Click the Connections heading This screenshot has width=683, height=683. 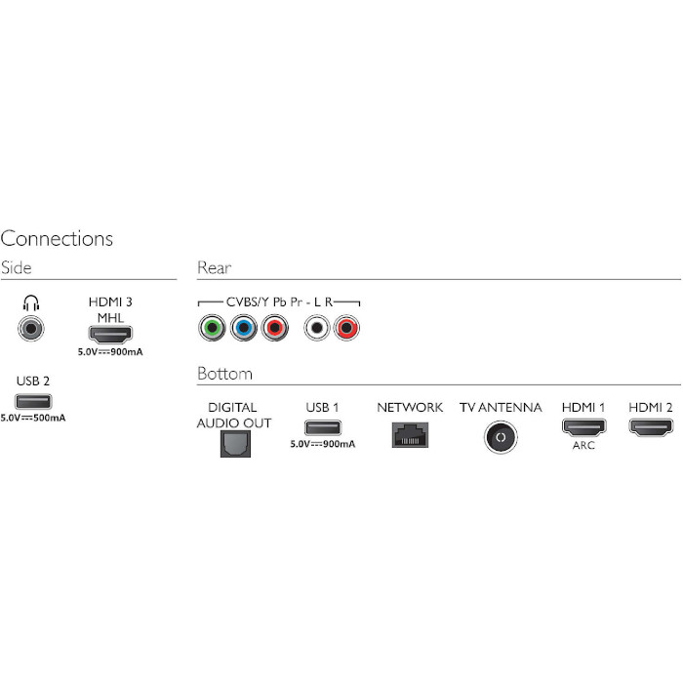(x=57, y=239)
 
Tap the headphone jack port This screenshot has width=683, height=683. (x=32, y=328)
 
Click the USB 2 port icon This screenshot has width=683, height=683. (x=32, y=401)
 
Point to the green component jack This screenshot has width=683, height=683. (x=210, y=328)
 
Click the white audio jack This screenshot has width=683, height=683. (x=316, y=328)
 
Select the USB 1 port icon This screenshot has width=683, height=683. (x=323, y=427)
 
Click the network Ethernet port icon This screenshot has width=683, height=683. (x=410, y=435)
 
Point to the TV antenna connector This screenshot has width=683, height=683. (x=500, y=437)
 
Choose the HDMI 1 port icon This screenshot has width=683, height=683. (x=583, y=427)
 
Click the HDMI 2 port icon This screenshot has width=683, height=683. (x=651, y=427)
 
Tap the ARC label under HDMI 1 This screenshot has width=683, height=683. (x=583, y=445)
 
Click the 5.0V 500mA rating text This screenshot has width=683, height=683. (x=33, y=418)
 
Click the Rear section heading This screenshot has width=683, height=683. (x=214, y=267)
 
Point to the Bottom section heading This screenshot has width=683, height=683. (x=224, y=374)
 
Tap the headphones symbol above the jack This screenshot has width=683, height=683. (x=32, y=303)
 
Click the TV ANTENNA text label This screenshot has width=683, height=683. (x=500, y=407)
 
